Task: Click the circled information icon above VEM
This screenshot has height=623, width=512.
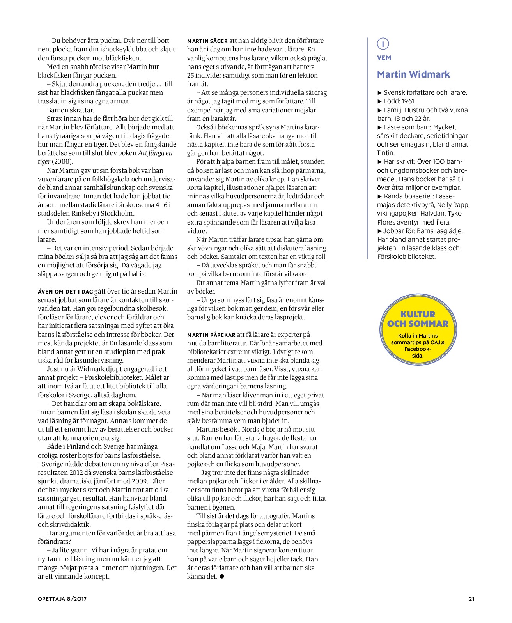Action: [383, 44]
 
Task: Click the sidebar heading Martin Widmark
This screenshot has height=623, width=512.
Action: [413, 74]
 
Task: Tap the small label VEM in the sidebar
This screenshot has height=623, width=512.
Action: [384, 58]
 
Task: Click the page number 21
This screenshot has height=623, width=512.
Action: [471, 599]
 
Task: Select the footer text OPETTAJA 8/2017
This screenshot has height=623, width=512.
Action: [62, 599]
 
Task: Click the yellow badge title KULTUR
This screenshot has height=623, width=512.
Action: [418, 314]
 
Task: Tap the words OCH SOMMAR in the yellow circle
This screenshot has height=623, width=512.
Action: [418, 324]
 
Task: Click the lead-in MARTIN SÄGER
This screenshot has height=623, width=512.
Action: [207, 41]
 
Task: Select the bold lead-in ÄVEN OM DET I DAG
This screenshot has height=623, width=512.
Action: [65, 292]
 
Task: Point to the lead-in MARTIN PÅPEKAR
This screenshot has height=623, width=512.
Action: [211, 335]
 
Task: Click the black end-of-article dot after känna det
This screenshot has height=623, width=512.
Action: [222, 577]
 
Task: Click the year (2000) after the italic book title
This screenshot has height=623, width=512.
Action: [62, 162]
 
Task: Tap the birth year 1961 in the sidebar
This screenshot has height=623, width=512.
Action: [408, 101]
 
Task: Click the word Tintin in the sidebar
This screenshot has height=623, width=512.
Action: [386, 153]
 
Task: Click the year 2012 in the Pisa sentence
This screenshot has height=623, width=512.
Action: [76, 473]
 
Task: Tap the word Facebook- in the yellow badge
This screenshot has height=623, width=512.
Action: [418, 349]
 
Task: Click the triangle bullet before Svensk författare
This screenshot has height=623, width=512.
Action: [380, 93]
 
